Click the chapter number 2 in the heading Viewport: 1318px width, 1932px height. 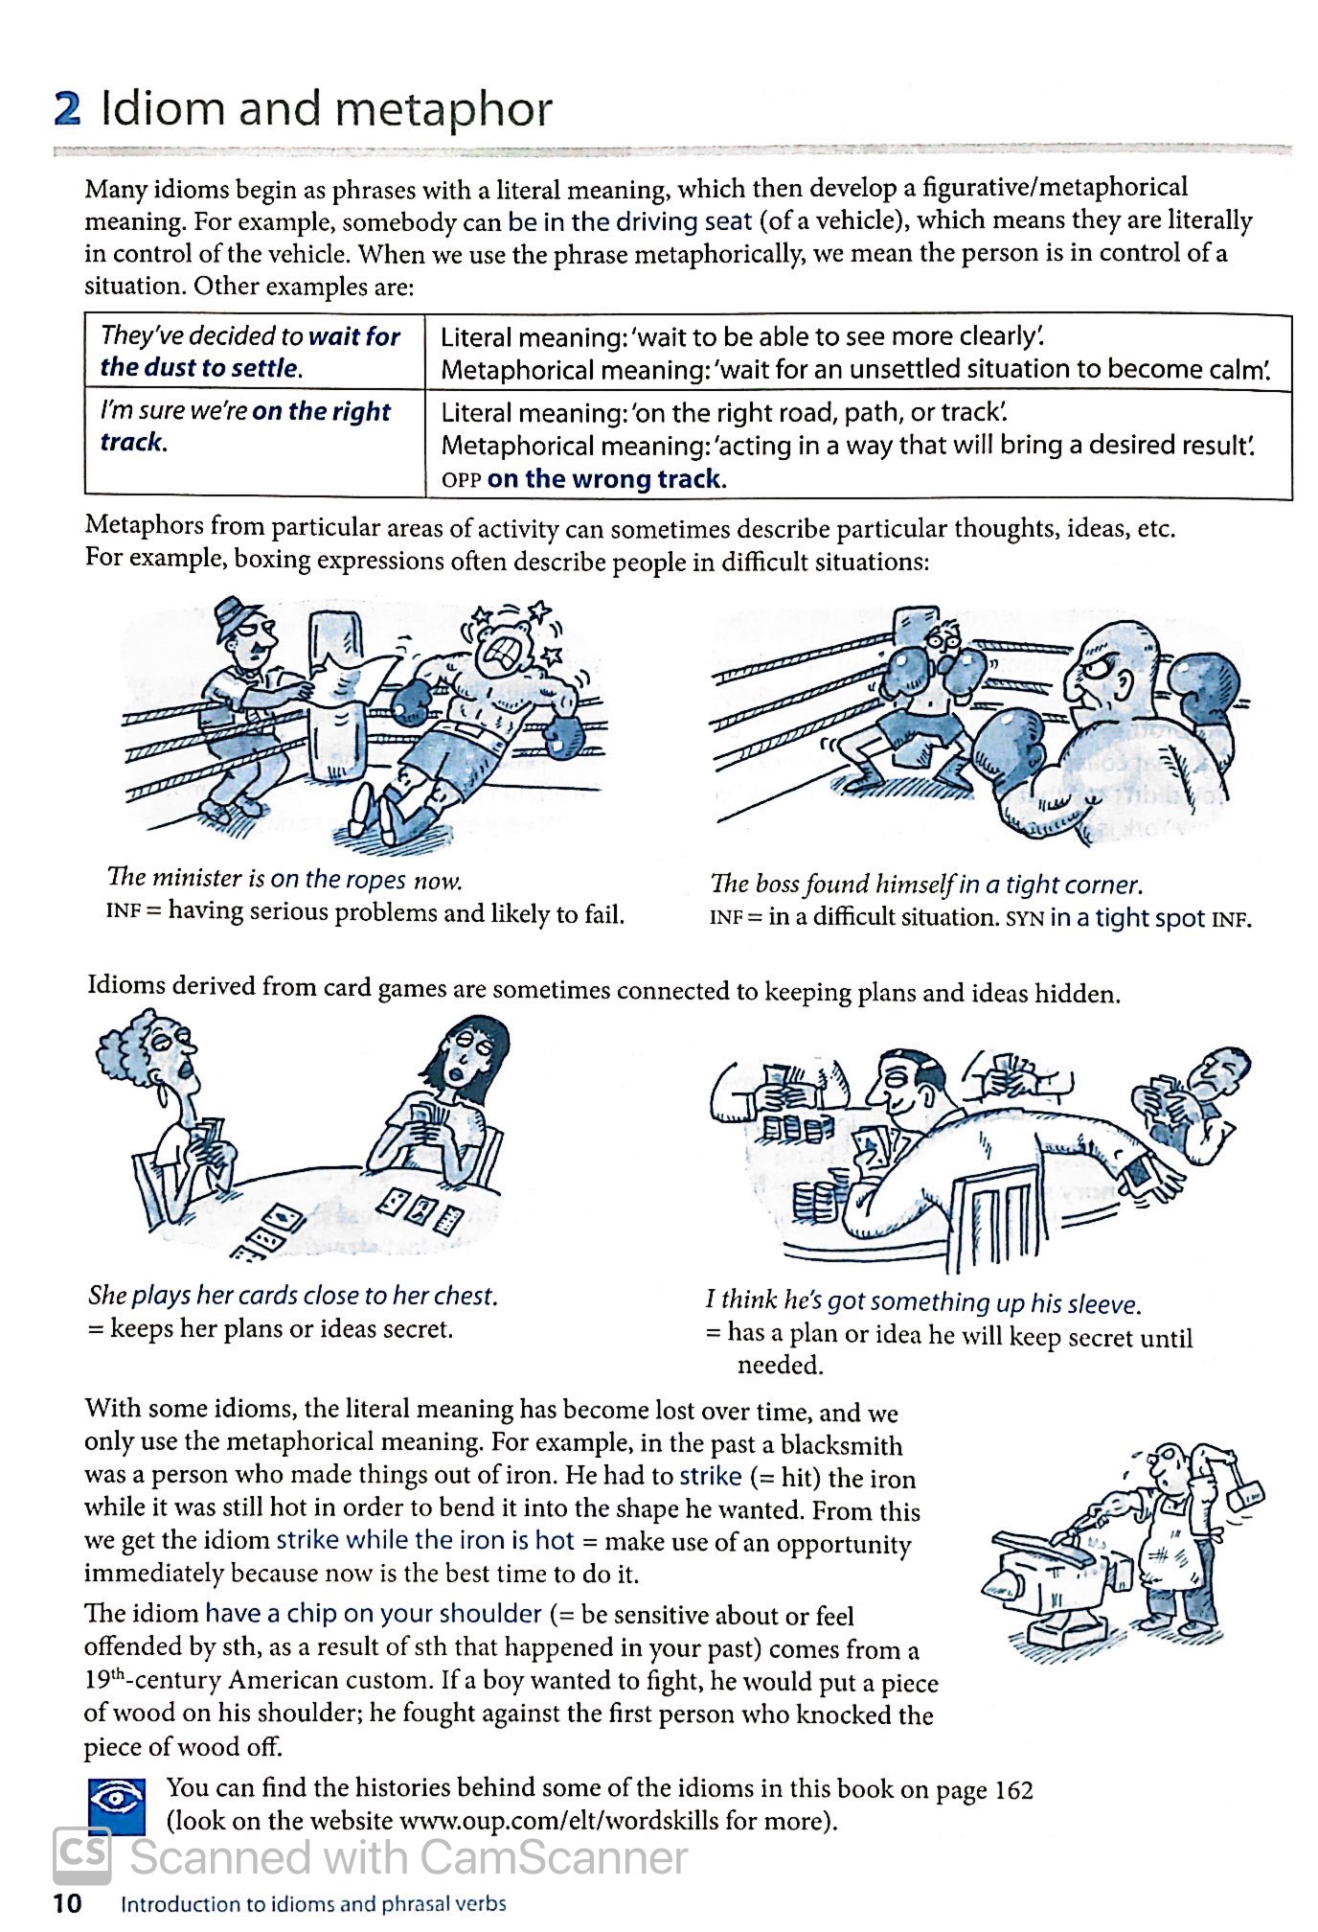67,109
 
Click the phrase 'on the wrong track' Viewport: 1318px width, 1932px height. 604,478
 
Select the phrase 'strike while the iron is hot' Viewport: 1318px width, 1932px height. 424,1540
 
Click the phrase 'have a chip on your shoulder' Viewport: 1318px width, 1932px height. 374,1613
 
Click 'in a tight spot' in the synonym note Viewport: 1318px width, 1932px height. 1126,917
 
